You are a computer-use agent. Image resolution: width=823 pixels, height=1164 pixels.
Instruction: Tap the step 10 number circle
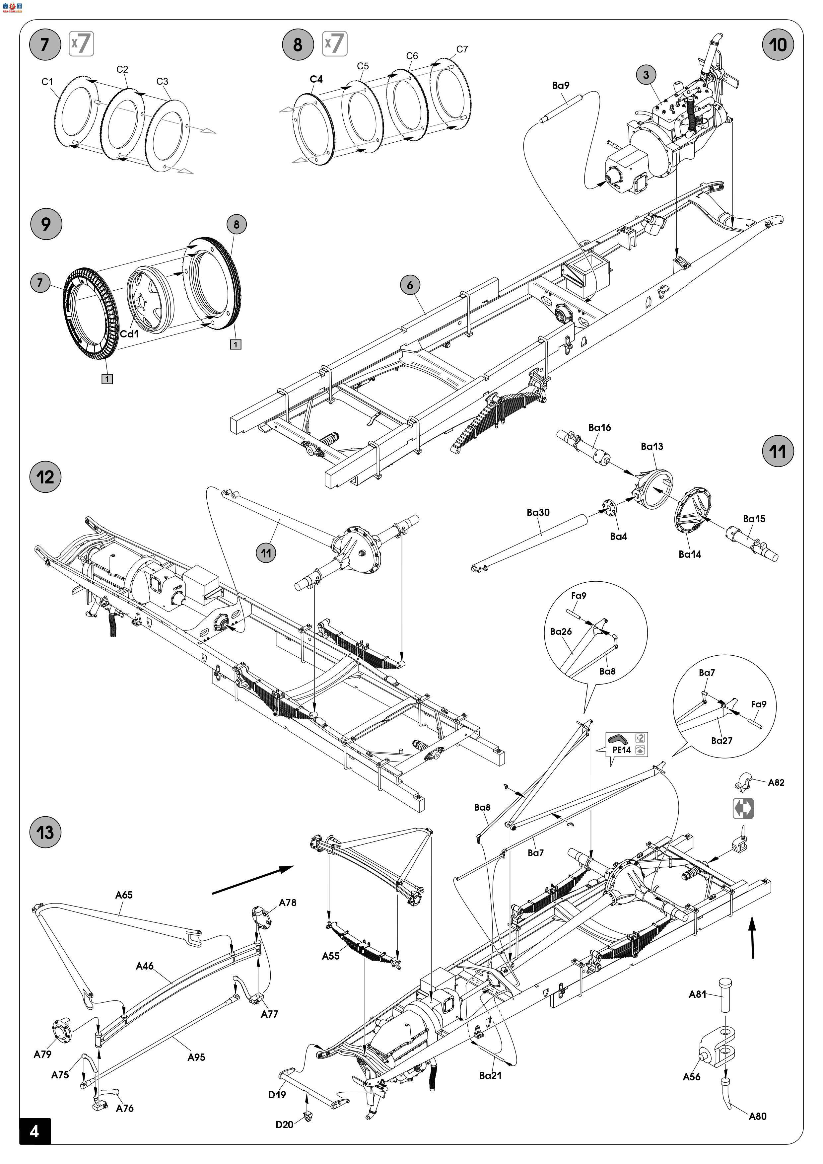tap(778, 44)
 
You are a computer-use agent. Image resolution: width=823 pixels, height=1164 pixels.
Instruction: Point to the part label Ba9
tap(561, 85)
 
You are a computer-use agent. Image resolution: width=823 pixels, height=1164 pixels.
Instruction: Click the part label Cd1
tap(129, 334)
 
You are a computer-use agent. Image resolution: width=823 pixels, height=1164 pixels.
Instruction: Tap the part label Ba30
tap(538, 513)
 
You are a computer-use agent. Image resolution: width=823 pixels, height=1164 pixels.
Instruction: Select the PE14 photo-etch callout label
tap(621, 750)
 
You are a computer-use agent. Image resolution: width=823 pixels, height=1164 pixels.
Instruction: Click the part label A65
tap(124, 895)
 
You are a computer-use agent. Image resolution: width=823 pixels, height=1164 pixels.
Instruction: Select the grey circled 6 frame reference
tap(410, 285)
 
